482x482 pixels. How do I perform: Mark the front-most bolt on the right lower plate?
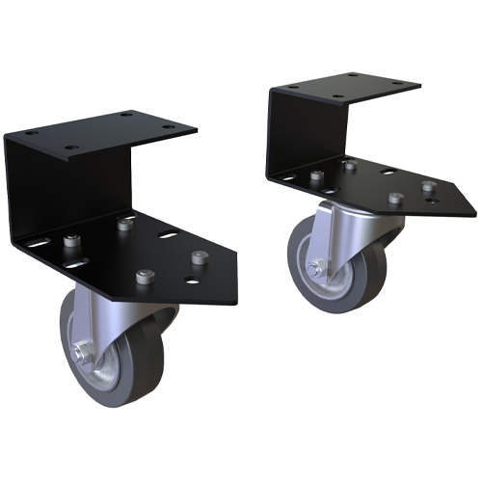pos(394,200)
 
